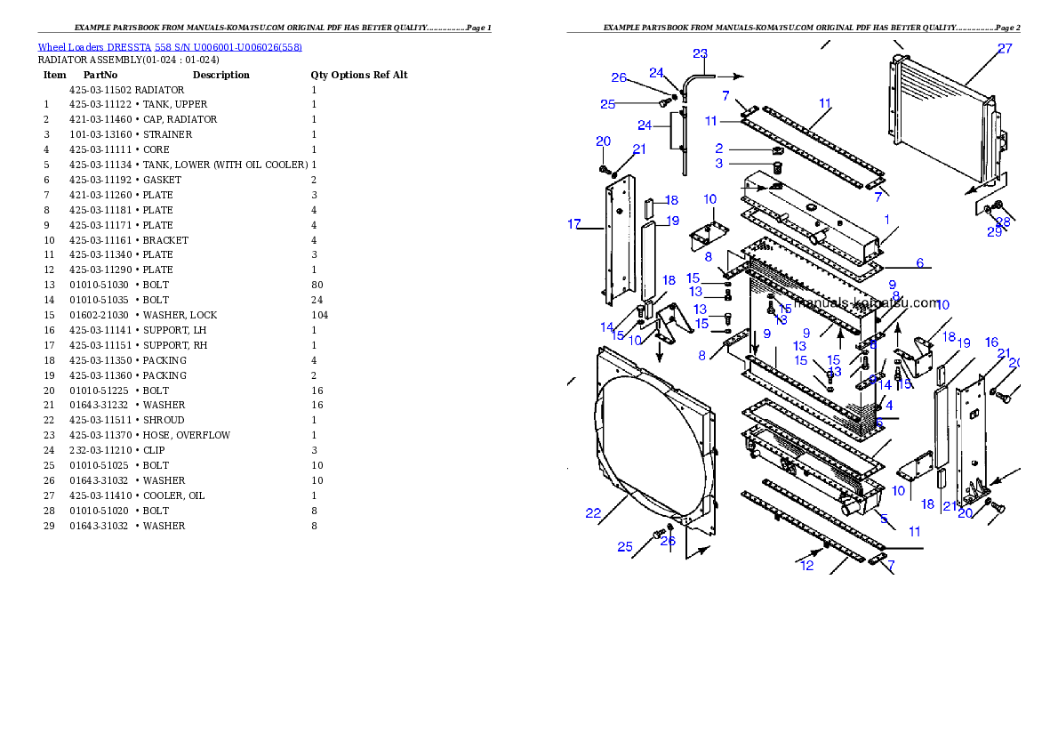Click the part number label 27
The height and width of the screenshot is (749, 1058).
pos(1004,49)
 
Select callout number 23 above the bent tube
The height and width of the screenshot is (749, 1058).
pos(701,53)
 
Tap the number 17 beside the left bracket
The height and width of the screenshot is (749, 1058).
pos(574,224)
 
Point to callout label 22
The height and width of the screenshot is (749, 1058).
pos(593,512)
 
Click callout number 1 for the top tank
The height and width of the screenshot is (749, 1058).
pos(886,219)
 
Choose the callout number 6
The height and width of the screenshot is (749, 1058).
pos(920,263)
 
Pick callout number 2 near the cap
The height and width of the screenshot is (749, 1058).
pos(719,149)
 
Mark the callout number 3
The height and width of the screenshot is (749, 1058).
pos(719,164)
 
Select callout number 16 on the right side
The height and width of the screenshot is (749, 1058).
pos(991,342)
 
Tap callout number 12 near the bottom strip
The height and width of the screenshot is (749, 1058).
pos(806,566)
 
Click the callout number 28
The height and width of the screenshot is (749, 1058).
pos(1003,221)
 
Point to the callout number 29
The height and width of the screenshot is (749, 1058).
pos(994,232)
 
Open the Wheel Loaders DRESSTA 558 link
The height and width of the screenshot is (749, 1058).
pos(170,47)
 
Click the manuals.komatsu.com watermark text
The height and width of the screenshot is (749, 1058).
pos(867,302)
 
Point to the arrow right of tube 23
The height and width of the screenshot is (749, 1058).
pos(731,77)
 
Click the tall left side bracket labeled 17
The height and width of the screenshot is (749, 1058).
pos(617,240)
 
